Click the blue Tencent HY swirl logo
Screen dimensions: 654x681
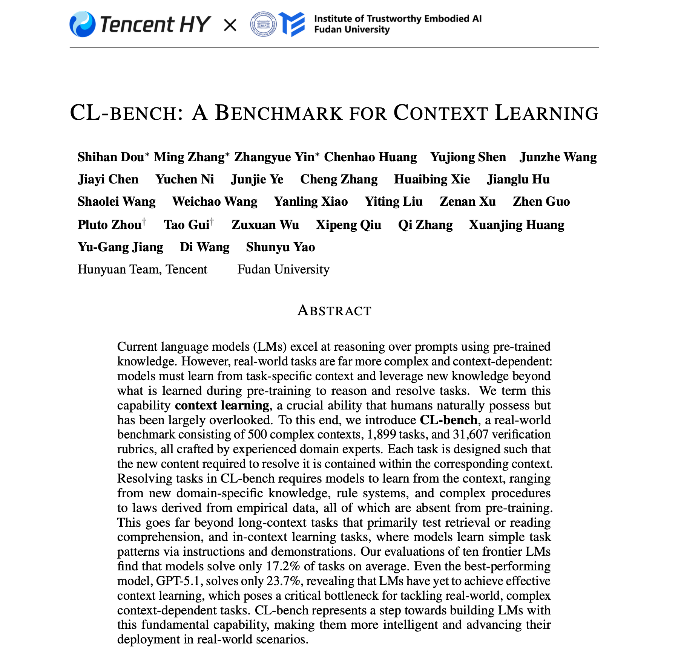[x=82, y=24]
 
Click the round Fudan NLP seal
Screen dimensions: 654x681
[x=263, y=24]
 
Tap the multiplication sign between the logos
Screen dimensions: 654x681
[x=230, y=25]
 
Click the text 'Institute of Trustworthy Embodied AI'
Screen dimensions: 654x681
[x=397, y=18]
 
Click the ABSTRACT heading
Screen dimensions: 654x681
[x=334, y=311]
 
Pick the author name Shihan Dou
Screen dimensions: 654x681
[x=111, y=157]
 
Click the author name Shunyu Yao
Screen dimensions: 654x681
[x=280, y=247]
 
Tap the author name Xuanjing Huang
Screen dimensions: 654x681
[x=516, y=225]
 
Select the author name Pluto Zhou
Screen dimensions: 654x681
[x=109, y=225]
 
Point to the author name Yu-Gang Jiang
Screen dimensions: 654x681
[x=120, y=247]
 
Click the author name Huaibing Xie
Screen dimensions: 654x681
[x=432, y=179]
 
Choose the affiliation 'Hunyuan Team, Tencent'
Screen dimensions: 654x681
[x=142, y=269]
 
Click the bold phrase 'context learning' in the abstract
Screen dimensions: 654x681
[x=222, y=405]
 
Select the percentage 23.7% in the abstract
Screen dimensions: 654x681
[x=283, y=581]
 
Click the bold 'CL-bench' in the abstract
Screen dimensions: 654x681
[x=448, y=420]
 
